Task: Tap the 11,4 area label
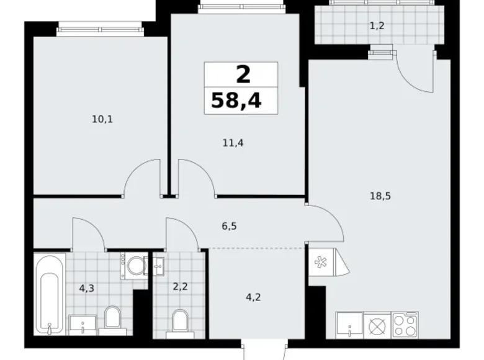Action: tap(233, 143)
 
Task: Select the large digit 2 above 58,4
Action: tap(242, 75)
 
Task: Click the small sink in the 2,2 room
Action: tap(158, 266)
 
